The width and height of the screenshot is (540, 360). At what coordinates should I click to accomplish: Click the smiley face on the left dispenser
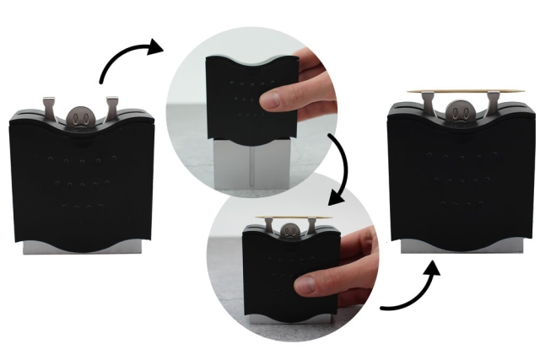coord(78,116)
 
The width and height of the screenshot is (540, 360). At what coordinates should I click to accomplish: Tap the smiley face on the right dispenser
coord(456,110)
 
